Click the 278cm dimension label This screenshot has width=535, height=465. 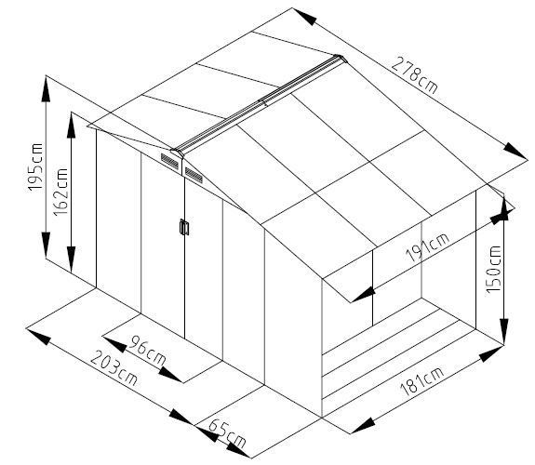414,75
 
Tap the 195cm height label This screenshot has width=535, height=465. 35,167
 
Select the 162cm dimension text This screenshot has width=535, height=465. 60,192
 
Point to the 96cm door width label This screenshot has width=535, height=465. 148,351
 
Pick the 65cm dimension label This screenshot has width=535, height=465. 226,433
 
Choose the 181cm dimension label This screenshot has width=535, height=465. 422,381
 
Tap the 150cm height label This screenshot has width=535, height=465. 493,269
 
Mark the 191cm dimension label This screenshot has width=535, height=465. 427,247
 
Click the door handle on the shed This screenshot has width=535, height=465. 184,227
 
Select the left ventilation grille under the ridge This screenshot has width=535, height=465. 169,162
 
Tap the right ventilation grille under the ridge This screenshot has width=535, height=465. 194,175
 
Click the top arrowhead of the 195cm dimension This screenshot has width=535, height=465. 46,88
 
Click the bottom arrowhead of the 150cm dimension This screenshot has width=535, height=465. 504,332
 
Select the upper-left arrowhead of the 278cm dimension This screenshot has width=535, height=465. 304,17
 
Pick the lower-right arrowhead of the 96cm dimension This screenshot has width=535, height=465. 170,374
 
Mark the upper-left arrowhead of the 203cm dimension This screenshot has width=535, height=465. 38,337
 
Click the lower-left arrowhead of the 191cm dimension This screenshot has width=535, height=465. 363,295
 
